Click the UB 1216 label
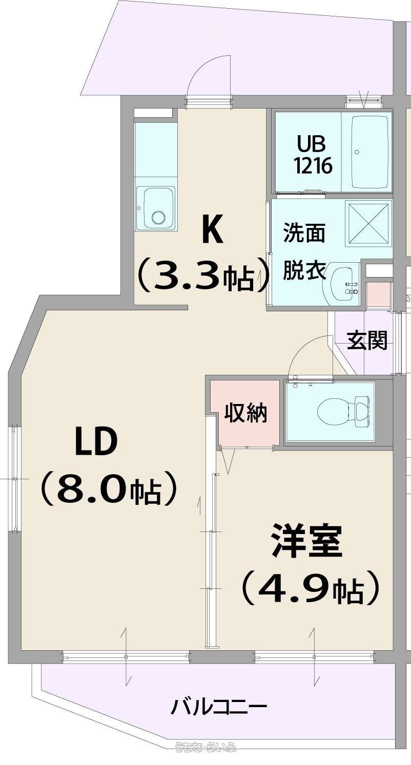point(314,155)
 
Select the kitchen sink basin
point(157,209)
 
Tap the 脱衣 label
point(304,270)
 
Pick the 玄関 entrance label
point(367,341)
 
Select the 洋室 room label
point(306,542)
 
